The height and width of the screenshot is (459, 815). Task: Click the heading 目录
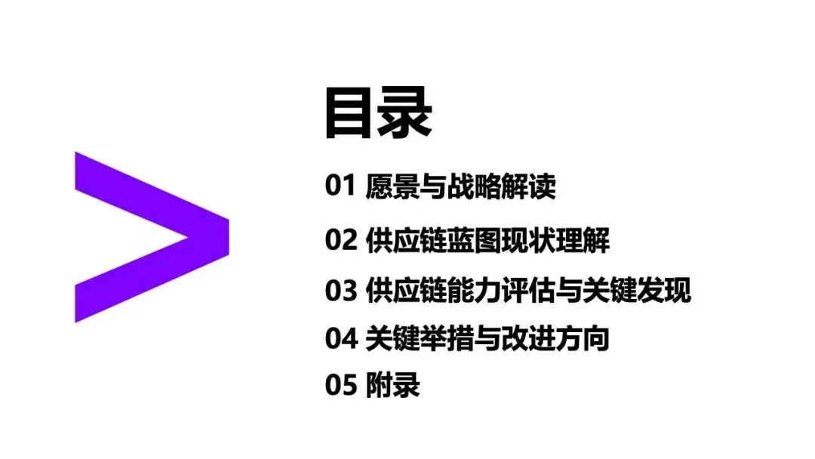[x=377, y=113]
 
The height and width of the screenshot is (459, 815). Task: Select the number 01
[x=340, y=186]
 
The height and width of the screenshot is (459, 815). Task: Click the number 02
[x=340, y=241]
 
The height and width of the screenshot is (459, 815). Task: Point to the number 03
[x=340, y=291]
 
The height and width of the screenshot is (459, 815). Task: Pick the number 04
[x=340, y=339]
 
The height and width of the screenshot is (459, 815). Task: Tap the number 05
[x=340, y=386]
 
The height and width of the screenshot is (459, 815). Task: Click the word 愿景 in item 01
[x=389, y=186]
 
